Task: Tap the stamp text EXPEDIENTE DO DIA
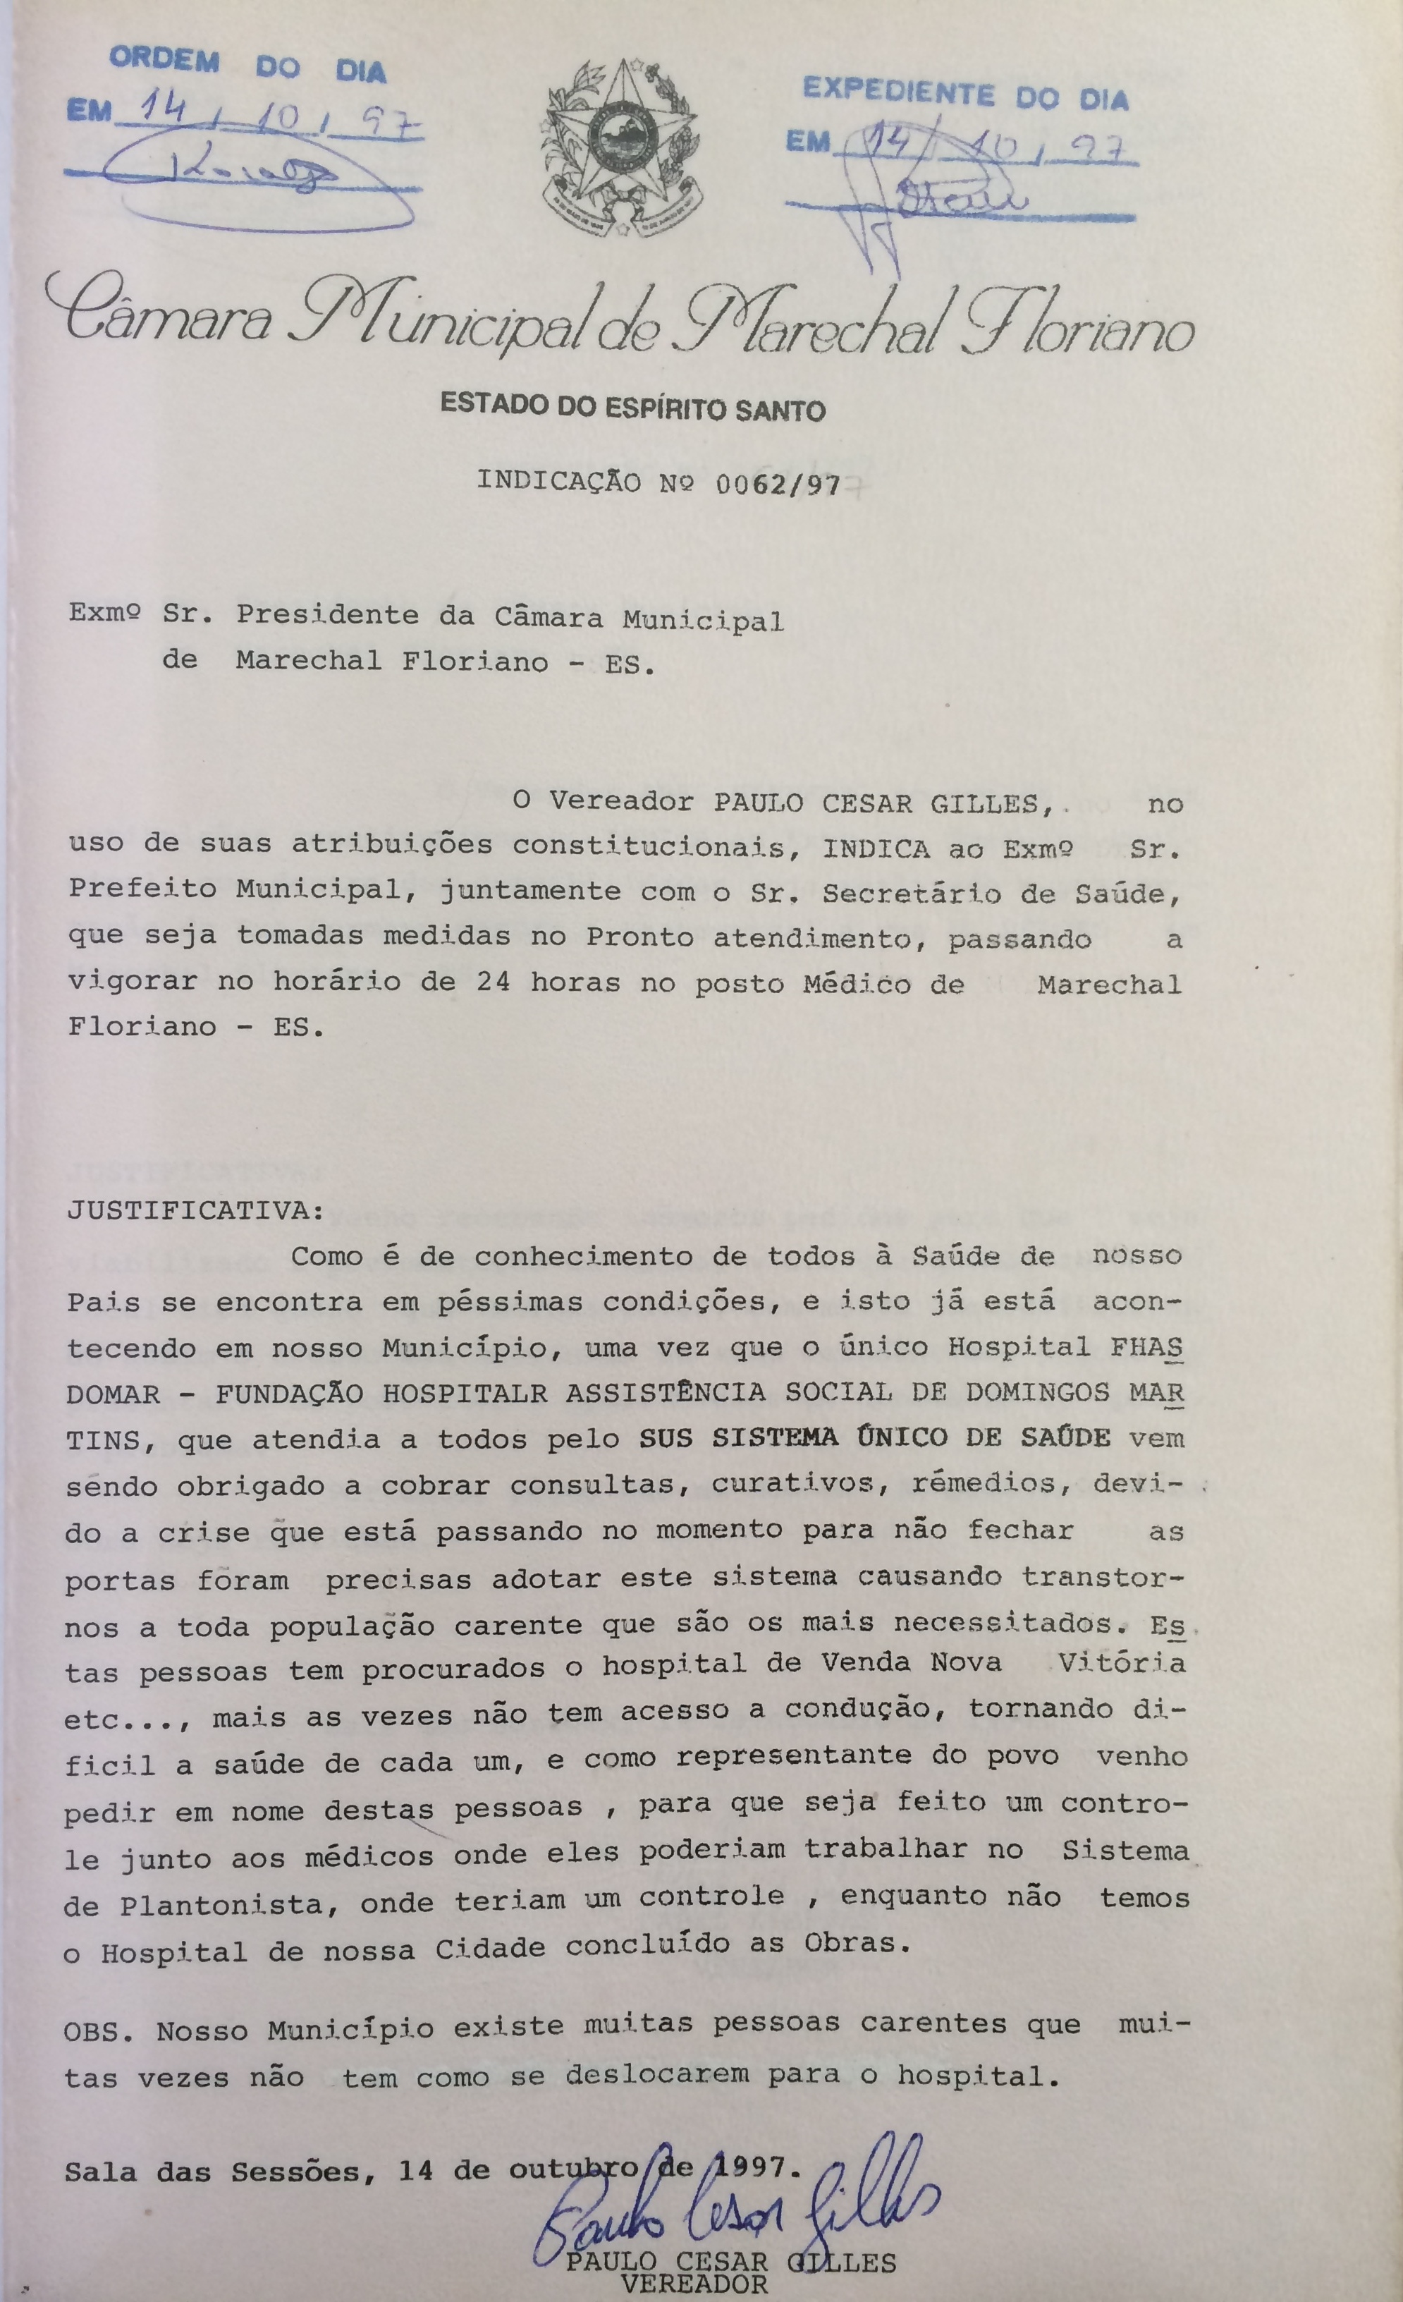coord(966,95)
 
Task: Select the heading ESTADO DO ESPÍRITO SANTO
coord(632,408)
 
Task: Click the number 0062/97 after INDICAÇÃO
coord(777,483)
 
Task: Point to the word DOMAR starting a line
coord(112,1394)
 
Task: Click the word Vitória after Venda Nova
coord(1121,1663)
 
